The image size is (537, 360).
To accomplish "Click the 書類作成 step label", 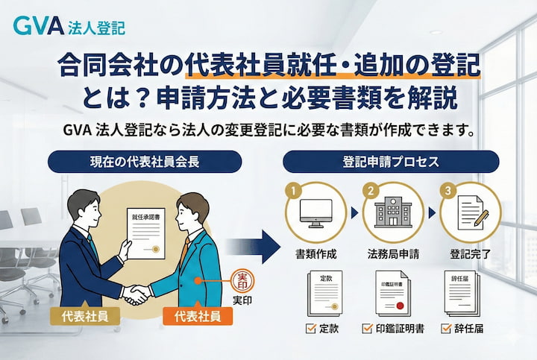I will click(x=317, y=253).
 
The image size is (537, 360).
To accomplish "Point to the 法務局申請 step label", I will click(x=393, y=253).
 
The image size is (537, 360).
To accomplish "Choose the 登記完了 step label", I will click(x=469, y=253).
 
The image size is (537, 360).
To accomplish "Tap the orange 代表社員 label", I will click(x=197, y=315).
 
